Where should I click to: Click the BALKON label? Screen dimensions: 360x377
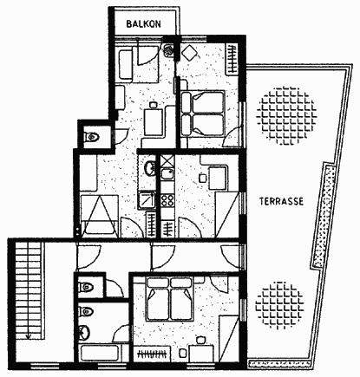144,23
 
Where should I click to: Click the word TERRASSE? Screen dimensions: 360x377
281,201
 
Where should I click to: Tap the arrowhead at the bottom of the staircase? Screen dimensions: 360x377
29,336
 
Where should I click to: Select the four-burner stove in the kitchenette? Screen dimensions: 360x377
167,200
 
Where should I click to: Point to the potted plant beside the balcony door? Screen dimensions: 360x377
168,50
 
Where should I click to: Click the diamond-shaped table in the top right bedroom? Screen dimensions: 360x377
189,53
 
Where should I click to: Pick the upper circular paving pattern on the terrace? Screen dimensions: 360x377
286,115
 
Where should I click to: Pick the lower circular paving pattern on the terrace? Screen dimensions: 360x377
279,306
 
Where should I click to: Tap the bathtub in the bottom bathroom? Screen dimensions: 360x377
100,353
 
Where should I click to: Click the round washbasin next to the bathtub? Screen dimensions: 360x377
84,333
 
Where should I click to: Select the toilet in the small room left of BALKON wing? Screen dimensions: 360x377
91,136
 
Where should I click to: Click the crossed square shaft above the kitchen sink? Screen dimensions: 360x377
167,160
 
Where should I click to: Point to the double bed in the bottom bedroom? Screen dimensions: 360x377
170,299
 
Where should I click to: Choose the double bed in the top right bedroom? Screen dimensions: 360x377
203,114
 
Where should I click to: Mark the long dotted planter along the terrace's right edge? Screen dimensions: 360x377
324,216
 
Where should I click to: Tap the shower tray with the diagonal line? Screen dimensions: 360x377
147,200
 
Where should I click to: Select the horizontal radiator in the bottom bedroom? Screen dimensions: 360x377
153,354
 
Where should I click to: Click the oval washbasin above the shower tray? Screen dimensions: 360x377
149,167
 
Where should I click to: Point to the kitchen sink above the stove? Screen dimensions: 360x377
167,174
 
